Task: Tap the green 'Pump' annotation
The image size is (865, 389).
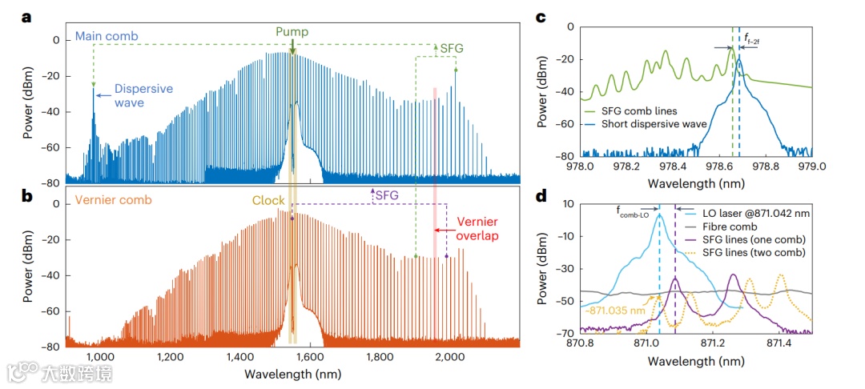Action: [x=292, y=32]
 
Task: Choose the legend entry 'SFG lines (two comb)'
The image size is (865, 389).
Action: [x=755, y=253]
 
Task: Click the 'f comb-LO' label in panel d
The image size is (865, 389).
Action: [x=633, y=211]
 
